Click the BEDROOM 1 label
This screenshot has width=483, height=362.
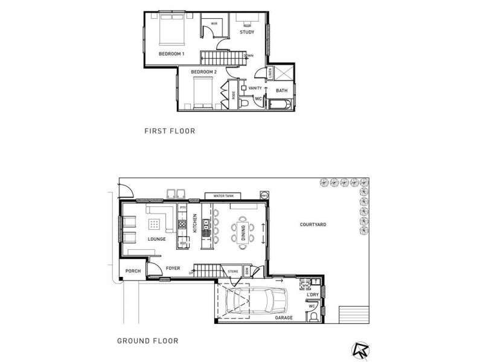(x=171, y=54)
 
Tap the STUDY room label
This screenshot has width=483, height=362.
(x=246, y=32)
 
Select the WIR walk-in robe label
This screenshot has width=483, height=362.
(x=214, y=24)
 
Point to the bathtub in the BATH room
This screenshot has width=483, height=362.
(x=280, y=106)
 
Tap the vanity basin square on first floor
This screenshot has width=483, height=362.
(x=244, y=88)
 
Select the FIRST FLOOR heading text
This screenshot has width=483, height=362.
(x=169, y=130)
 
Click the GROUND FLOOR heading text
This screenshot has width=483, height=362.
(x=147, y=341)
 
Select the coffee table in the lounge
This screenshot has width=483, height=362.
(x=155, y=225)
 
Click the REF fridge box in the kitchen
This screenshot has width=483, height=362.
(x=183, y=243)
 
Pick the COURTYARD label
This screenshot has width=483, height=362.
(x=313, y=224)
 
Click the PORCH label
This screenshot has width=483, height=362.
(x=133, y=271)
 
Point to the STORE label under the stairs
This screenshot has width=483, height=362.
(x=232, y=271)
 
